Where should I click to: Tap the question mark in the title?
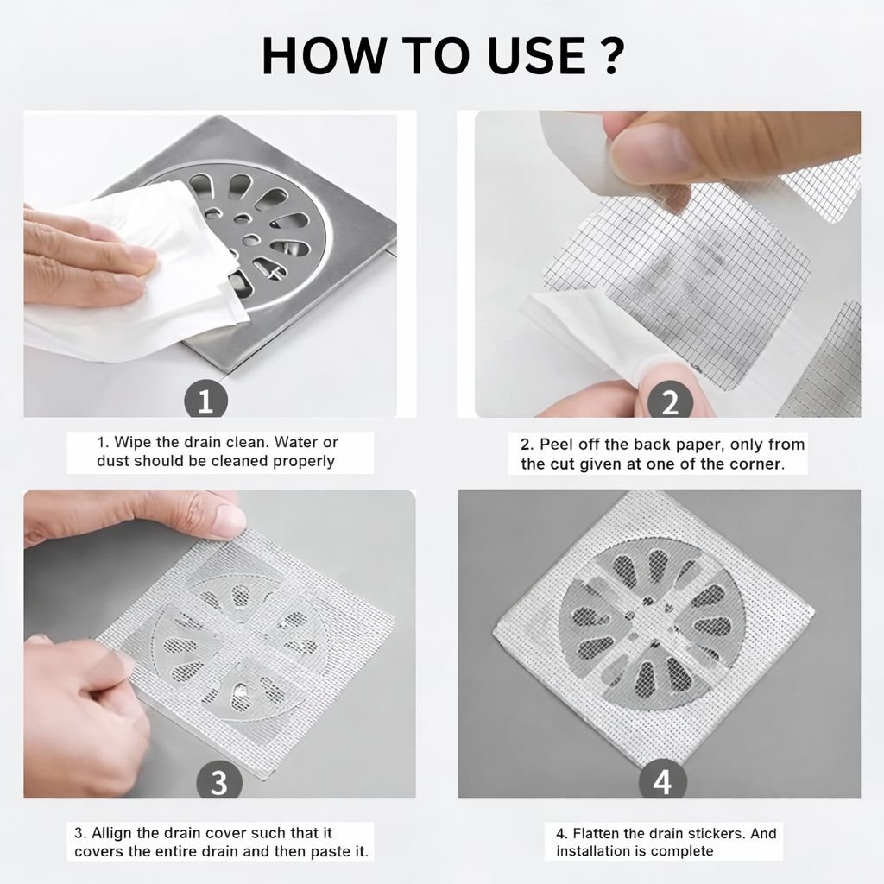610,55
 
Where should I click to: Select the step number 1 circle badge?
205,401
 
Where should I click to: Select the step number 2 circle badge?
670,401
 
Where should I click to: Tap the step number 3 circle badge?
219,780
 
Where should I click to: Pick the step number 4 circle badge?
662,780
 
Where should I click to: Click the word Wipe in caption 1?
133,443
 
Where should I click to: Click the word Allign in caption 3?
111,833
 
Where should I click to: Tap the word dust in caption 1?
112,461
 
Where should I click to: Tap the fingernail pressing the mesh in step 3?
228,518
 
